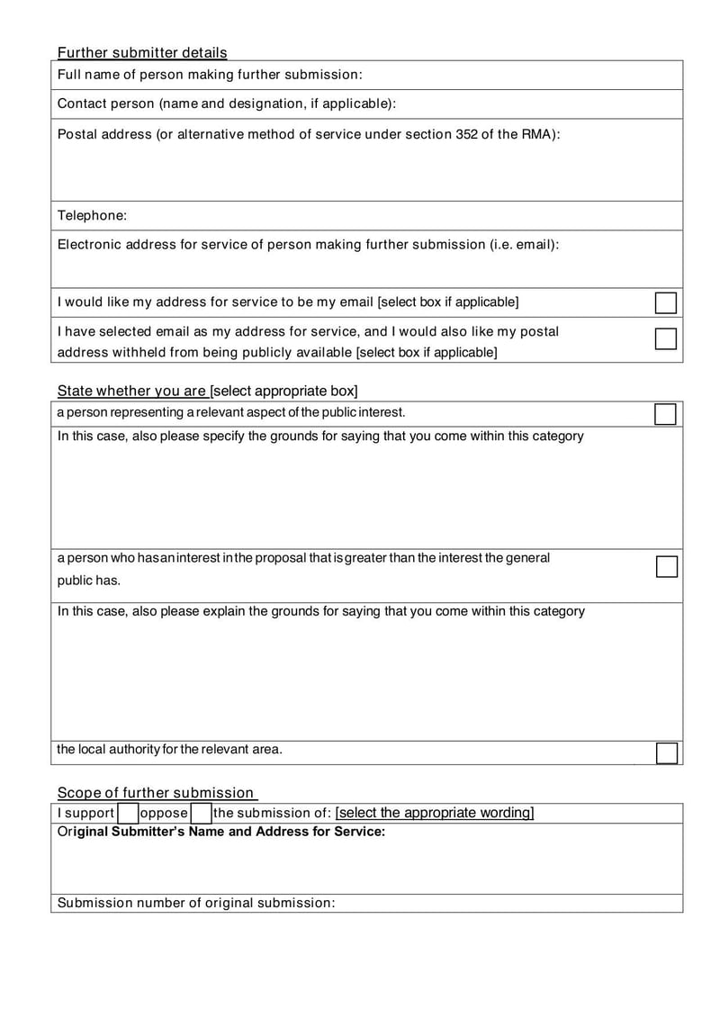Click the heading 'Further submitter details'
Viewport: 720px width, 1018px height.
142,52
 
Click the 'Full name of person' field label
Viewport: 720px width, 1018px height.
210,75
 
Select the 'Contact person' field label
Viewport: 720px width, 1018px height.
226,104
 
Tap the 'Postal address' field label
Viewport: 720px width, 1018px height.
309,134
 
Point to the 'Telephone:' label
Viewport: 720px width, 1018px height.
92,215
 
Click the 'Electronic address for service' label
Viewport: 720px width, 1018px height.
308,244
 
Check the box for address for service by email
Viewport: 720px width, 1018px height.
665,302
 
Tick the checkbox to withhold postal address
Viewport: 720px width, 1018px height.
665,338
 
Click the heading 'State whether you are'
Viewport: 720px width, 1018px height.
207,391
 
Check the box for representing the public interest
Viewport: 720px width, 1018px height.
665,414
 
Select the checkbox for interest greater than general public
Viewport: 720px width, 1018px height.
665,566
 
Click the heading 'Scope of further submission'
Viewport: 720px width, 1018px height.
156,792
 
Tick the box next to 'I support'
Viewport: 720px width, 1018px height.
127,814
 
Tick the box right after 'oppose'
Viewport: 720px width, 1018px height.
200,814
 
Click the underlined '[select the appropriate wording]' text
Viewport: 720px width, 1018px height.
434,813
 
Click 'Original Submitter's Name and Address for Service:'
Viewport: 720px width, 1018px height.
221,832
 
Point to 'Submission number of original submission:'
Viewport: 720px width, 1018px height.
196,902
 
